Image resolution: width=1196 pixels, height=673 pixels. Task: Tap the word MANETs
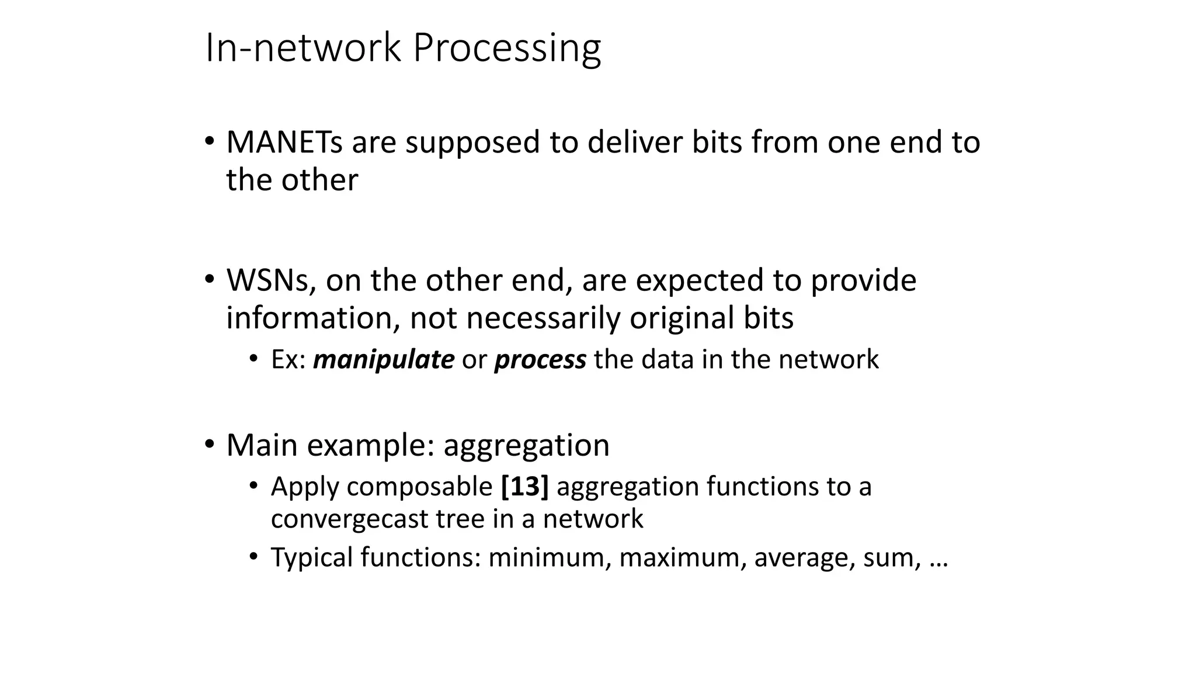click(x=284, y=143)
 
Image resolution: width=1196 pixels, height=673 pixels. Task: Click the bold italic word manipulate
click(x=383, y=359)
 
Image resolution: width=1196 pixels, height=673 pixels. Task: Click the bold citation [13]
click(x=524, y=487)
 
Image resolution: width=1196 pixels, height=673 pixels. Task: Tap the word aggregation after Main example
click(x=526, y=446)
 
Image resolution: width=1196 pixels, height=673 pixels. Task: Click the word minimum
click(x=550, y=557)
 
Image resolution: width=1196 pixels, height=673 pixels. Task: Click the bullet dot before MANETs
click(x=209, y=141)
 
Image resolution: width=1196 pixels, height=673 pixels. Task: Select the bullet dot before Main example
click(x=209, y=444)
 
